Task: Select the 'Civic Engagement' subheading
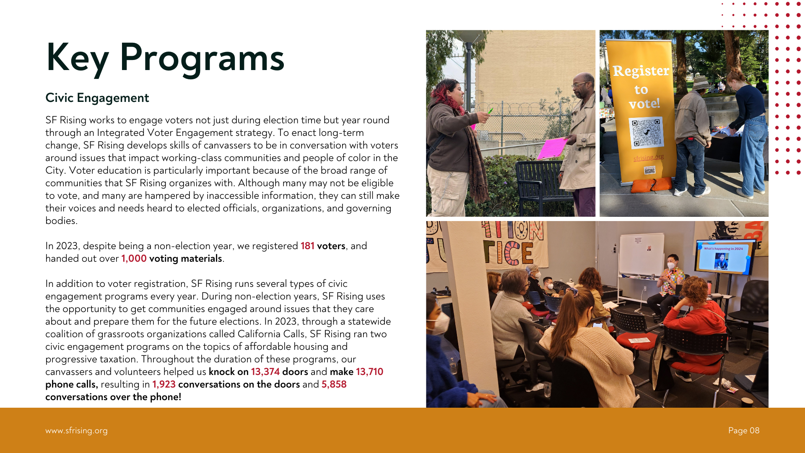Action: (x=97, y=98)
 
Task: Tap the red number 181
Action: (x=307, y=246)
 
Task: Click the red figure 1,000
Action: (x=134, y=258)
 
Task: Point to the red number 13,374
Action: (x=265, y=372)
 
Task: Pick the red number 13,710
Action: (x=369, y=372)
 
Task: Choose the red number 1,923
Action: (x=164, y=384)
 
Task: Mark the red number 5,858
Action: (x=334, y=384)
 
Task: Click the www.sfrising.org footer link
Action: (x=76, y=431)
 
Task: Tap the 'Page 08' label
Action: (x=744, y=431)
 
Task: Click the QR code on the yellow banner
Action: (x=647, y=133)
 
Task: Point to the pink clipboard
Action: (x=551, y=148)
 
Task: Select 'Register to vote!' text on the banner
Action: (x=641, y=86)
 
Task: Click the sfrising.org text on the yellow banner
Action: (x=649, y=158)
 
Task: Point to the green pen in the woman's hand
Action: (x=490, y=111)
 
